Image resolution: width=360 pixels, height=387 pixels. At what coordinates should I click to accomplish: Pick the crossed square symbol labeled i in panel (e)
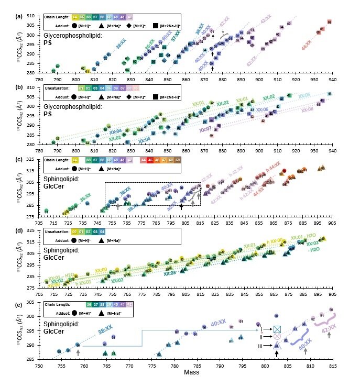278,329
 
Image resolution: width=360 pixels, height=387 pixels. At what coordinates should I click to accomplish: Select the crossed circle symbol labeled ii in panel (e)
278,337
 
